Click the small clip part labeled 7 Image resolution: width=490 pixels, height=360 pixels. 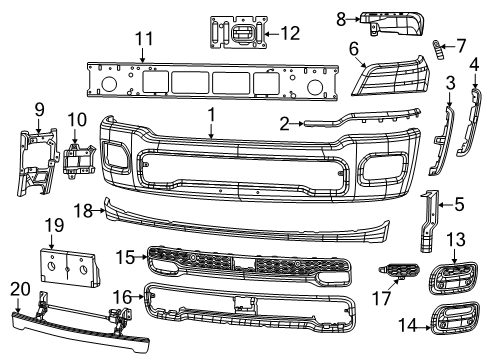(437, 47)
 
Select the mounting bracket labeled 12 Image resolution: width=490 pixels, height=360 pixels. (237, 32)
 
